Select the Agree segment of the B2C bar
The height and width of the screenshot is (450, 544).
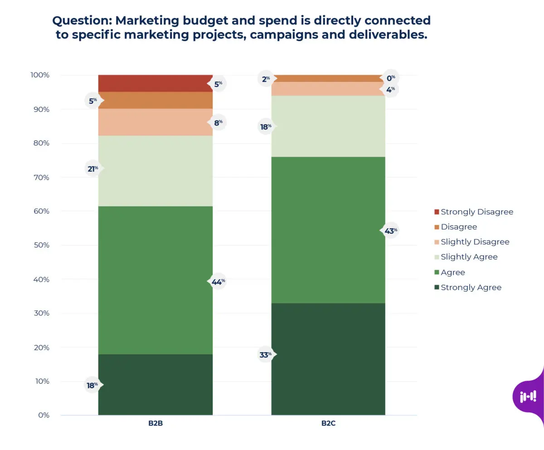coord(328,230)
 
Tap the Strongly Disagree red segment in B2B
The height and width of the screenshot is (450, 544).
coord(155,83)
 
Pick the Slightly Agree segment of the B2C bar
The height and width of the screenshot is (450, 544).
coord(328,126)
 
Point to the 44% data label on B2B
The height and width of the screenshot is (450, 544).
coord(218,282)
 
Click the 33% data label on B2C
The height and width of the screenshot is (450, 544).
coord(265,355)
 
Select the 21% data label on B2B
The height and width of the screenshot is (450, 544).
coord(92,169)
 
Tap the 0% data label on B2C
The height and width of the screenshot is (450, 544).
coord(390,78)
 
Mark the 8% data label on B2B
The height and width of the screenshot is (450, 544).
coord(218,122)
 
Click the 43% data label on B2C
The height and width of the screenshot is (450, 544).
coord(390,231)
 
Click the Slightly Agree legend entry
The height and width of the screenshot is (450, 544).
coord(469,257)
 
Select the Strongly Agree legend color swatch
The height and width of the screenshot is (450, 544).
coord(437,288)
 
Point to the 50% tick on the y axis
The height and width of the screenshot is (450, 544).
coord(40,245)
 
